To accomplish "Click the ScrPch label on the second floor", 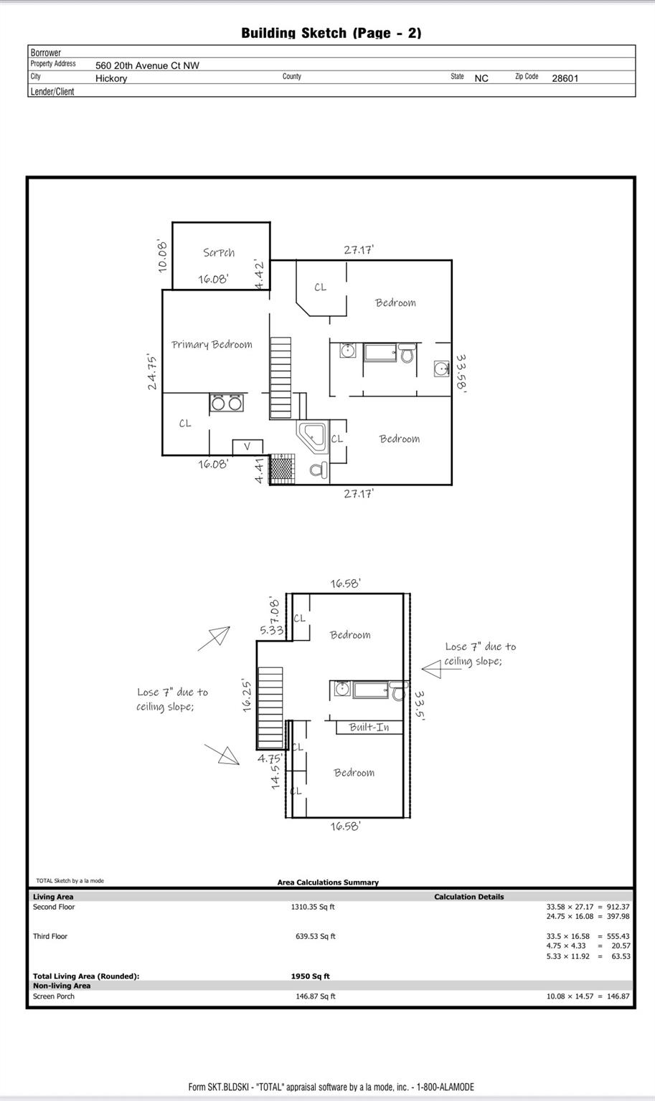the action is pos(219,252).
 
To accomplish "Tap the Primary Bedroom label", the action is pos(212,345).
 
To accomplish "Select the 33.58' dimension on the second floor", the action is pos(461,373).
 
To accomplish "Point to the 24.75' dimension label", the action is pos(152,371).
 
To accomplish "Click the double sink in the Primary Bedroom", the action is pos(227,403).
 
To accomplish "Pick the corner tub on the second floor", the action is pos(311,437).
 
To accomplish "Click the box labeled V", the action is pos(248,447).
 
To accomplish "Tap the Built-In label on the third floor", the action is pos(369,727).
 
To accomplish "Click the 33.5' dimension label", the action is pos(419,705).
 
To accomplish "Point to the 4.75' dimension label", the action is pos(270,758).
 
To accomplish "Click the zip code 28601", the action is pos(565,78).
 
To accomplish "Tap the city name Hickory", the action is pos(111,78).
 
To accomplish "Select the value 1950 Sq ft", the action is pos(310,976).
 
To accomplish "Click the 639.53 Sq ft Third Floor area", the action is pos(316,936).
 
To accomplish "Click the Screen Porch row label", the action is pos(54,996).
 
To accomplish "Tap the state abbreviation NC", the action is pos(481,78).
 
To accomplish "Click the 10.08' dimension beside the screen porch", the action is pos(162,256).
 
